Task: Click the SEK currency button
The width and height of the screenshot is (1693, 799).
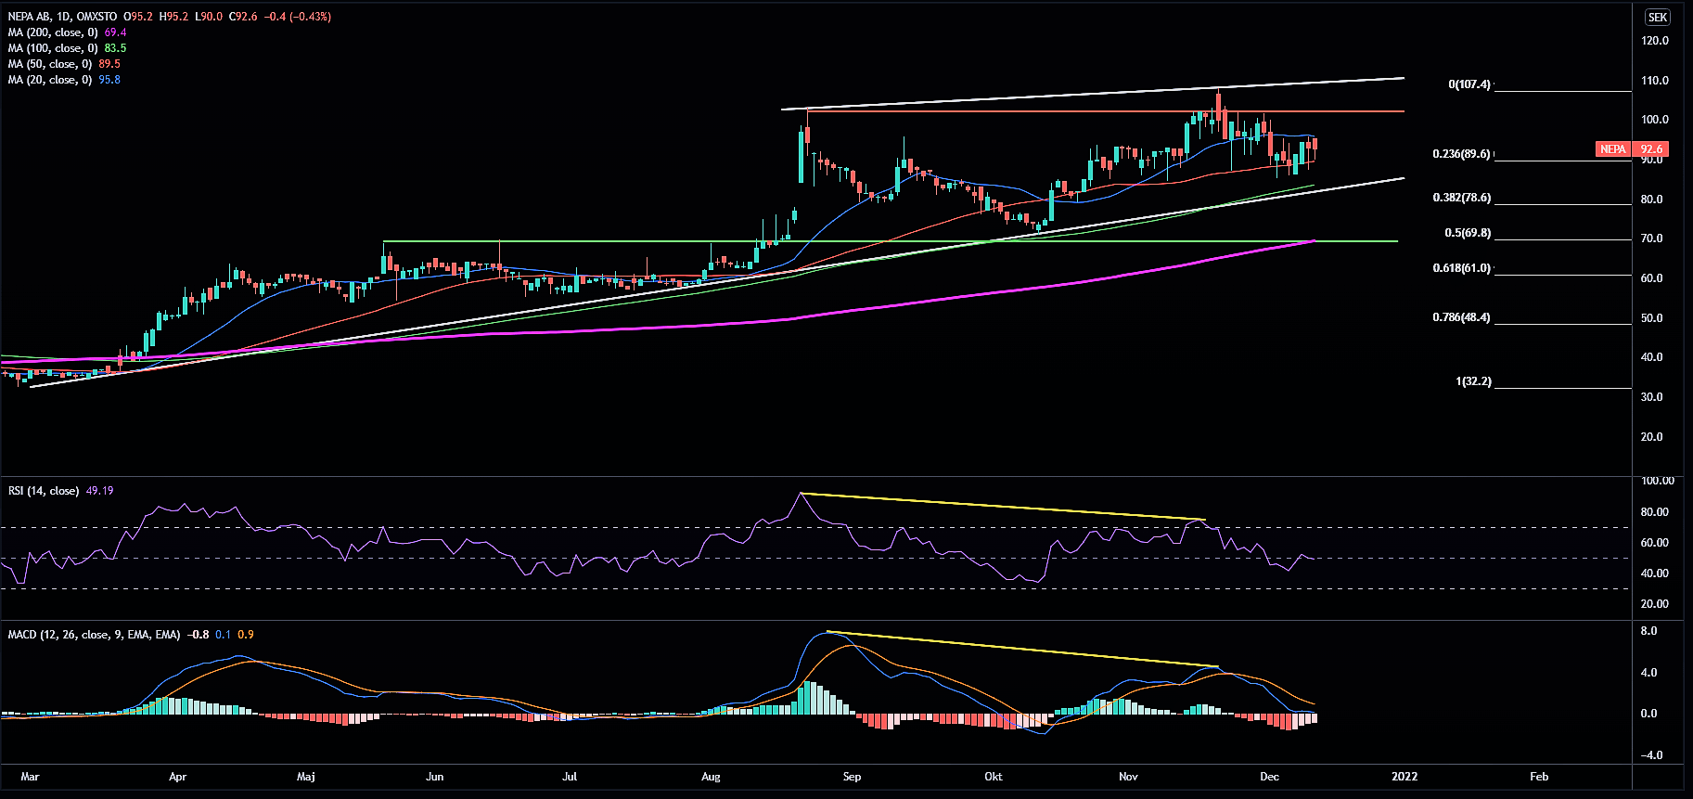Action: coord(1658,17)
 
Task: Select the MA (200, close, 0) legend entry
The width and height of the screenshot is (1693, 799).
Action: coord(53,32)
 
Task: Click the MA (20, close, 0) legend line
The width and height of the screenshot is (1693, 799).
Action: coord(50,80)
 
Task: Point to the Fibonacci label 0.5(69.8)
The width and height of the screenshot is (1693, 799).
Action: coord(1468,233)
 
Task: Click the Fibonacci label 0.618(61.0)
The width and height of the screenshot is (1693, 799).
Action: coord(1461,268)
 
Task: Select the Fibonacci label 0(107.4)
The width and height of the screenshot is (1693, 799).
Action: coord(1469,84)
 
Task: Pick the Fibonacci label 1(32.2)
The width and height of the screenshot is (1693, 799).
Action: coord(1473,381)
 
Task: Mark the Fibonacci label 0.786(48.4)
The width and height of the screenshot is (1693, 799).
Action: coord(1461,317)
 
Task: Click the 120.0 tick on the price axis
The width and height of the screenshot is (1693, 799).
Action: coord(1655,41)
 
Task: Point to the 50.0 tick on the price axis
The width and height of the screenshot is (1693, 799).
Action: coord(1652,318)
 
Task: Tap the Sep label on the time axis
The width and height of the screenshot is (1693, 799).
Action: coord(852,777)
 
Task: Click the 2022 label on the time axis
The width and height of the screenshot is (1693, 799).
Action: coord(1404,777)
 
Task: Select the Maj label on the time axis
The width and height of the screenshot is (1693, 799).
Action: coord(305,777)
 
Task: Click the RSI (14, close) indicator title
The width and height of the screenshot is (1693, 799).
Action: coord(44,491)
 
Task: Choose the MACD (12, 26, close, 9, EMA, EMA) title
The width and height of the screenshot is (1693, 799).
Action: coord(94,635)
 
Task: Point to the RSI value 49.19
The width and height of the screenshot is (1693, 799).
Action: coord(99,491)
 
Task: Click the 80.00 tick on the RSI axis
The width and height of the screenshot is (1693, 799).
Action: coord(1655,512)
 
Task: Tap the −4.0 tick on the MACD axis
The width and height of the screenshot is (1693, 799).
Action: coord(1651,755)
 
